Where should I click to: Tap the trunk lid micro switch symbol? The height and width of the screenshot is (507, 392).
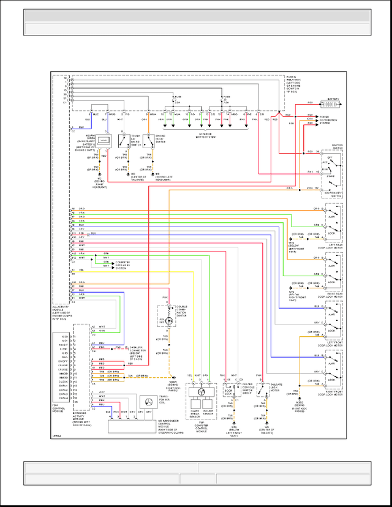[x=123, y=141]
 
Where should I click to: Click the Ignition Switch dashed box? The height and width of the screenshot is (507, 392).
[x=332, y=171]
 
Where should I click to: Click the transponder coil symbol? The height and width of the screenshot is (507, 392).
[x=147, y=402]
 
